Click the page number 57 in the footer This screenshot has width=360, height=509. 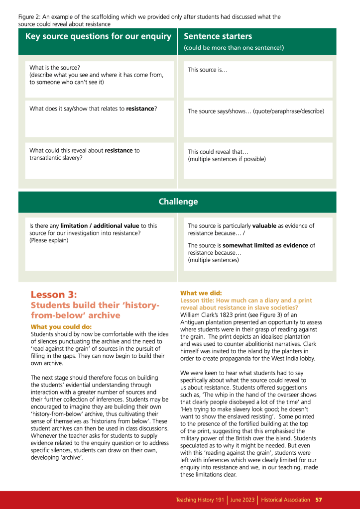(x=319, y=500)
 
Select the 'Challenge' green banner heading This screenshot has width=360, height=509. (x=178, y=202)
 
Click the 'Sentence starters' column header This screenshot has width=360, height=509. (x=218, y=36)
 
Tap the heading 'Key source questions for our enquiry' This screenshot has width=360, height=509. (x=98, y=36)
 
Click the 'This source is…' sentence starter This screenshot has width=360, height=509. (x=208, y=70)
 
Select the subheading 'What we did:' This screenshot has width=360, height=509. (x=201, y=293)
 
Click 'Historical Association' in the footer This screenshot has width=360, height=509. (x=285, y=500)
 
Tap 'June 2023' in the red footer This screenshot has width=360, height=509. (x=242, y=500)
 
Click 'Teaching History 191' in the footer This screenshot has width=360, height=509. (x=200, y=500)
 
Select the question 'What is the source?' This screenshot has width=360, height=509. (x=55, y=68)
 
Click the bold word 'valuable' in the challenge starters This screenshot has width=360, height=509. (x=264, y=226)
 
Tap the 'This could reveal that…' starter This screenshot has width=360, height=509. (x=218, y=152)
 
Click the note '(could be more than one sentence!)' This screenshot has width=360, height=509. (x=234, y=48)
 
